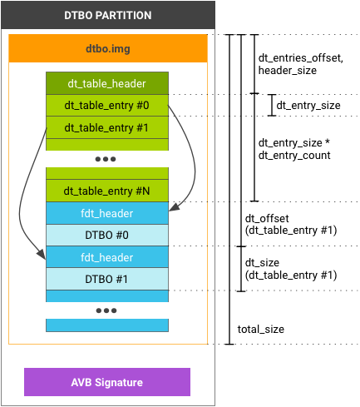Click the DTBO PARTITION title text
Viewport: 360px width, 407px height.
(x=106, y=16)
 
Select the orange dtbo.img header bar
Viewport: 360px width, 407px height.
(x=106, y=49)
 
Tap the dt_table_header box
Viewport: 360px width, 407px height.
(x=106, y=82)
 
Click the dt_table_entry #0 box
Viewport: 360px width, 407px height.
(x=106, y=105)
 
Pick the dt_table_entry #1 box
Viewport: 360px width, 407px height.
(x=106, y=127)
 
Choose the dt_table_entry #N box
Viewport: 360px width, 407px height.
(x=106, y=191)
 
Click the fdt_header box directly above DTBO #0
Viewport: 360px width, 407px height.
(x=106, y=213)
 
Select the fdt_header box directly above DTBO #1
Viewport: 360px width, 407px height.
(x=106, y=257)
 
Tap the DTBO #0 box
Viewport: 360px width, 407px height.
(x=106, y=236)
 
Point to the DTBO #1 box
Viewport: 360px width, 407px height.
(x=106, y=279)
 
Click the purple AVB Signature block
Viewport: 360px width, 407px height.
(x=106, y=382)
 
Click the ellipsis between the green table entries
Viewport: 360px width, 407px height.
(x=106, y=158)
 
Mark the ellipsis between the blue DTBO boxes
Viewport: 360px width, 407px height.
(x=106, y=310)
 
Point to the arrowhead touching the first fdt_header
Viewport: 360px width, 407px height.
(x=173, y=208)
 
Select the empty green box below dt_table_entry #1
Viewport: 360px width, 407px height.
(x=106, y=144)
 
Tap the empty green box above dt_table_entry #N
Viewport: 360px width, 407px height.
(x=106, y=173)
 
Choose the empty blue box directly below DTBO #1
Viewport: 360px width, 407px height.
(x=106, y=295)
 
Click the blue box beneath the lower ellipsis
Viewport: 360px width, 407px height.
(x=106, y=325)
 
